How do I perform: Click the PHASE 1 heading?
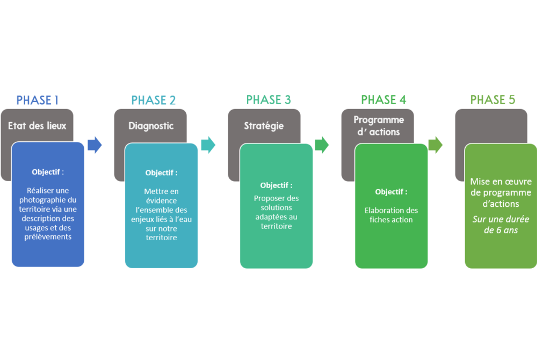pos(38,100)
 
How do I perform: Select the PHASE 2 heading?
pos(154,100)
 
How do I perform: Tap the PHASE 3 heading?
pos(269,100)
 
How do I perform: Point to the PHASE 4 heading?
pos(383,100)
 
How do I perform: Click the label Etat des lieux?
pos(37,126)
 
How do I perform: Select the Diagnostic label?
pos(151,126)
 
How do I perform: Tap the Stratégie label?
pos(264,126)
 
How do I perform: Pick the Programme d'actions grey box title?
pos(378,125)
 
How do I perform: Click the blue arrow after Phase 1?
pos(95,145)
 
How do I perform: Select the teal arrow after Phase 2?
pos(208,145)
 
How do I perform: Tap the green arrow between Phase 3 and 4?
pos(322,145)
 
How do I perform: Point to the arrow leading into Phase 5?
pos(436,145)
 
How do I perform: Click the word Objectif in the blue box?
pos(46,172)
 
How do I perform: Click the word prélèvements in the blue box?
pos(49,237)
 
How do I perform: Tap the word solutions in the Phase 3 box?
pos(276,207)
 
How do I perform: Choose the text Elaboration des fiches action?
pos(391,215)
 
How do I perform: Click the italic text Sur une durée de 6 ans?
pos(501,225)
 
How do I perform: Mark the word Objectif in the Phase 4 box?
pos(390,192)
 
